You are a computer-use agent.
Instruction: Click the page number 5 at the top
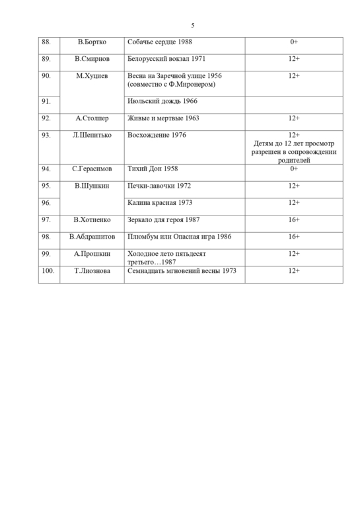(192, 26)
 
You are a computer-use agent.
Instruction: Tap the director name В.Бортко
(92, 42)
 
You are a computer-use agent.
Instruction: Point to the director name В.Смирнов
(92, 59)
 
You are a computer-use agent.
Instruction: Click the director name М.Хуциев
(92, 76)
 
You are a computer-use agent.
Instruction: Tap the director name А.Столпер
(92, 118)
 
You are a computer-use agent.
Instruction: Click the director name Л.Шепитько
(92, 135)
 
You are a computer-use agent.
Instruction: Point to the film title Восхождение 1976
(156, 135)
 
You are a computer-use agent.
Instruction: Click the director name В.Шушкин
(92, 186)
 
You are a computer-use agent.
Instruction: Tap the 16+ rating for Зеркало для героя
(294, 219)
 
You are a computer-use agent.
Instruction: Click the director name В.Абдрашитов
(92, 236)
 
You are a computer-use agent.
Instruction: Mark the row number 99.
(46, 253)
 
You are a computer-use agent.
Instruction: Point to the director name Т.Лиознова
(92, 270)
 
